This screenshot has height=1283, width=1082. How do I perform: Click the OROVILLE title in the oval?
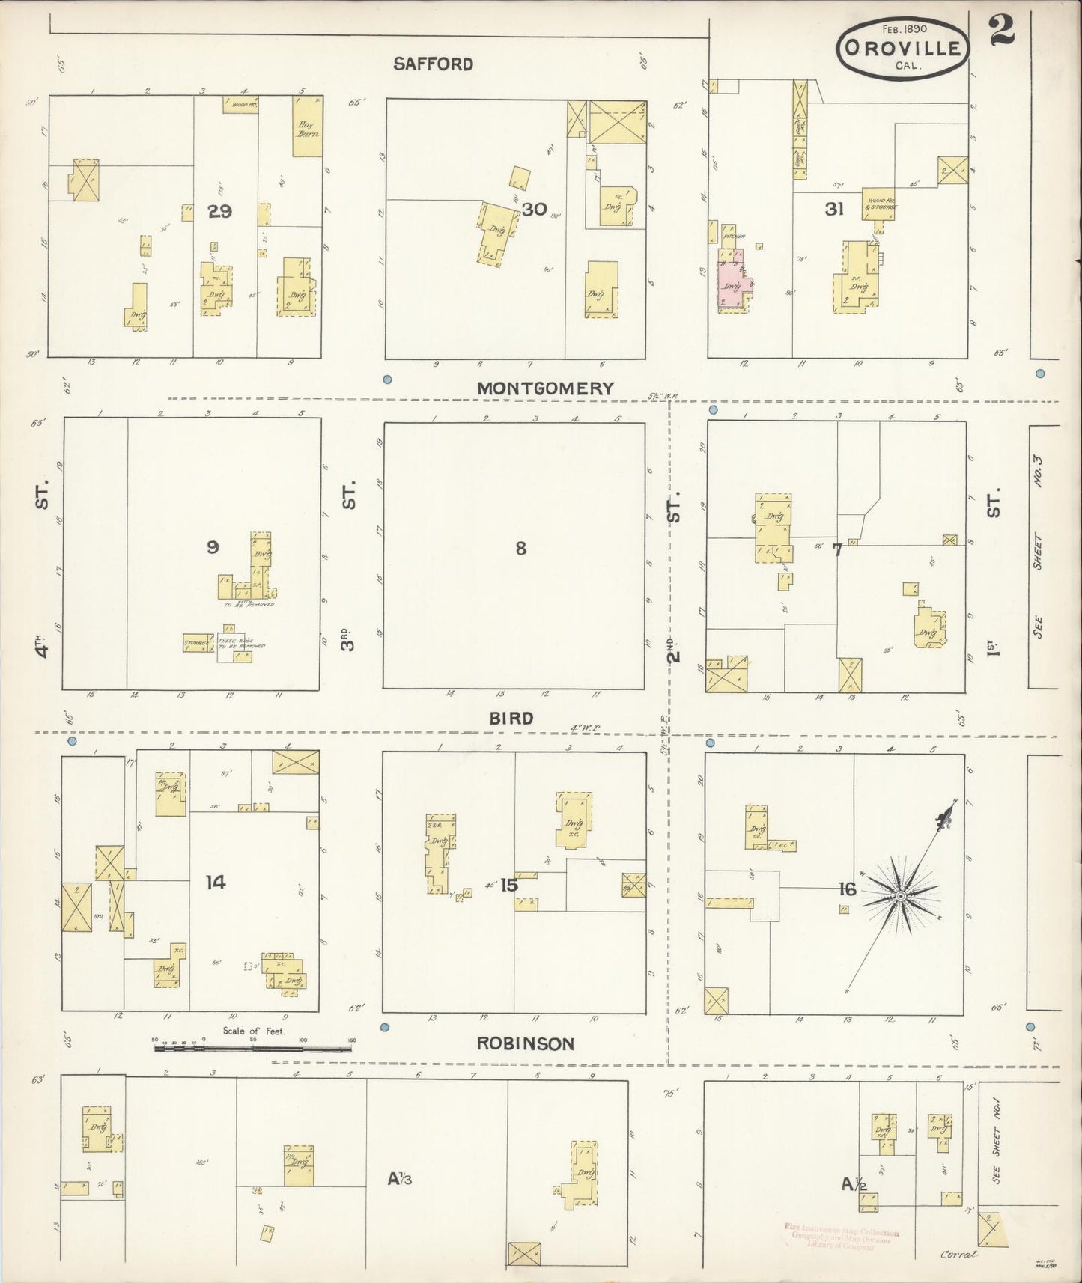coord(902,49)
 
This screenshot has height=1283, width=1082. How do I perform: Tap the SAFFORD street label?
coord(434,64)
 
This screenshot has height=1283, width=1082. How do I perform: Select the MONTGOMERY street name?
coord(545,388)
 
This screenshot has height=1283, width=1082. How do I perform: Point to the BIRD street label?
coord(511,719)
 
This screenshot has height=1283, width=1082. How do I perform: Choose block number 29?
coord(219,211)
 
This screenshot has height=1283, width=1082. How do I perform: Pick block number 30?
coord(534,209)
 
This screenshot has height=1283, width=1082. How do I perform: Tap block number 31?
coord(834,210)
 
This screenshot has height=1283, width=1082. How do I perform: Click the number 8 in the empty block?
coord(520,548)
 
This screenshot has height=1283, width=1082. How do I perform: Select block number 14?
coord(216,883)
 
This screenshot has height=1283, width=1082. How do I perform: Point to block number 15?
coord(509,886)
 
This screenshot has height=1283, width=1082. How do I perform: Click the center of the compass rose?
coord(902,896)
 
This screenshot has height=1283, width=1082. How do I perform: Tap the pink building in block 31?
coord(732,287)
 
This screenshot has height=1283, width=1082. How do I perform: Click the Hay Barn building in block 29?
coord(307,129)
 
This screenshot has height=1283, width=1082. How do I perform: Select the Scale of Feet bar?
coord(253,1049)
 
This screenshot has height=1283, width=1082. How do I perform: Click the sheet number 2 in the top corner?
coord(1001,30)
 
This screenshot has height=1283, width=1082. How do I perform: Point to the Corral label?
coord(958,1254)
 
